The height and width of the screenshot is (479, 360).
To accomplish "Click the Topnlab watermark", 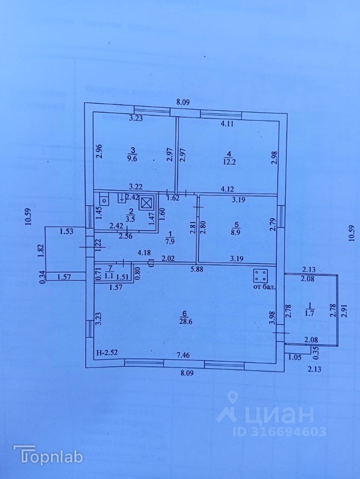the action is coord(48,455).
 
